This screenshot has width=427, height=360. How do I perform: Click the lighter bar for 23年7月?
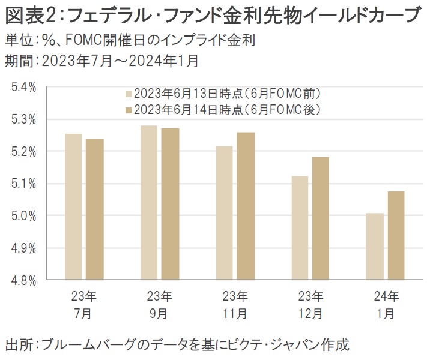73,206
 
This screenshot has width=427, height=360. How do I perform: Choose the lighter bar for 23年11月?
224,212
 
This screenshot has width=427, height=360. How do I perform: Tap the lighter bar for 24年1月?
374,246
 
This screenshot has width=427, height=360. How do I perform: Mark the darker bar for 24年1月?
396,235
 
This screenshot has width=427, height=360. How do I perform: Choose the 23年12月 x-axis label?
310,304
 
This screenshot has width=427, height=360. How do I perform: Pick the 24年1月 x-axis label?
385,304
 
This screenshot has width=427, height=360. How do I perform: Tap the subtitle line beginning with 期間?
101,60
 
